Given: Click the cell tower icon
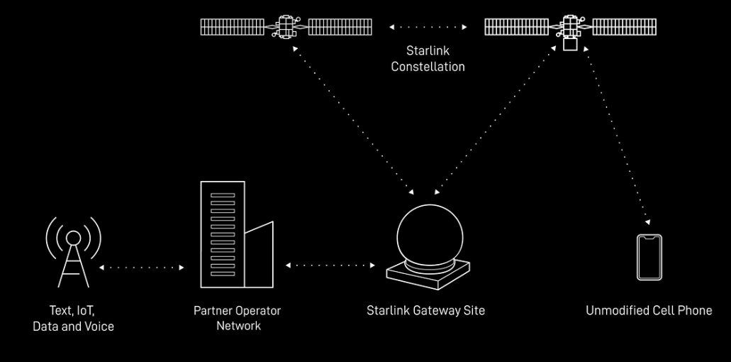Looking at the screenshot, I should (x=73, y=256).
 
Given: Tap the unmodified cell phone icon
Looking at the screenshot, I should (x=649, y=258).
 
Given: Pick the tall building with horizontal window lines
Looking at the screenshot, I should (x=222, y=234).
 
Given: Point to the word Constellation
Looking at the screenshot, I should (x=428, y=67).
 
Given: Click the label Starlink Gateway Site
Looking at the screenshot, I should (x=425, y=310).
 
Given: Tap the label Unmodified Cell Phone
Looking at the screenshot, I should (x=648, y=310).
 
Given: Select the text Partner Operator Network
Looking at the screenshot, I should (x=237, y=318).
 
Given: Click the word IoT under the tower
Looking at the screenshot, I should (x=83, y=311).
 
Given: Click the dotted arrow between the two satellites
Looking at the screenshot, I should (x=428, y=27).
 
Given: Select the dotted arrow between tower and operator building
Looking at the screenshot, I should (x=142, y=268).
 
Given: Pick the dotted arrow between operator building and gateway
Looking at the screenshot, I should (x=330, y=265).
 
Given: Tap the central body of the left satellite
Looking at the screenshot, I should (x=286, y=26).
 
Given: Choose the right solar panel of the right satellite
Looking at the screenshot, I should (x=624, y=27).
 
